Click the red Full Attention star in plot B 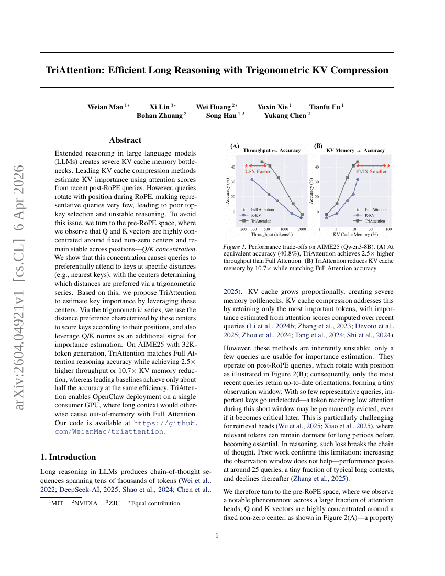tap(388, 165)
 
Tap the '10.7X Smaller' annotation tap(372, 171)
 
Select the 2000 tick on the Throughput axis tap(302, 229)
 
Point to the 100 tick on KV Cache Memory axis tap(388, 229)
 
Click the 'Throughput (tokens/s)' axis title tap(271, 235)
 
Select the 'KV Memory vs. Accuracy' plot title tap(355, 150)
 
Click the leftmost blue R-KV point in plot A tap(252, 180)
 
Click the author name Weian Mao tap(105, 107)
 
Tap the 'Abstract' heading tap(125, 140)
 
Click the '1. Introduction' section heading tap(68, 457)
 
